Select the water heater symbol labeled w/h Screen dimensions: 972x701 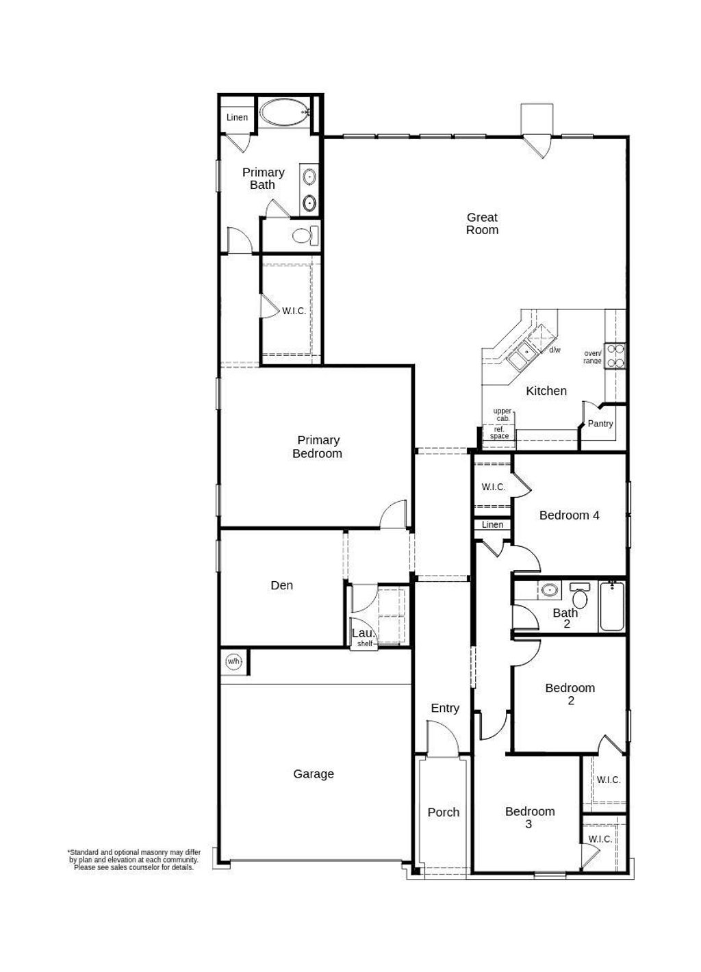point(233,661)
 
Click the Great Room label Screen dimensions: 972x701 point(482,224)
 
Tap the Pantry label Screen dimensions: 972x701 point(600,424)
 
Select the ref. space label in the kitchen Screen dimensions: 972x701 point(499,433)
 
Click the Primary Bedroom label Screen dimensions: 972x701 point(318,447)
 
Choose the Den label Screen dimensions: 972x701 point(281,585)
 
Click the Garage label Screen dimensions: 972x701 point(314,774)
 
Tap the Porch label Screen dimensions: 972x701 point(444,813)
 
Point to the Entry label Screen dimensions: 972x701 point(445,708)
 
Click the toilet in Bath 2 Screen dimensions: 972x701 point(581,597)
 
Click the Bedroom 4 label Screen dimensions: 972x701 point(569,515)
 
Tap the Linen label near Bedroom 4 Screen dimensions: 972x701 point(492,525)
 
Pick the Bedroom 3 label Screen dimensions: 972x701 point(529,818)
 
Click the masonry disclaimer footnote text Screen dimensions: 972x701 point(134,860)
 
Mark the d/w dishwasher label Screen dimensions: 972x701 point(555,350)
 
